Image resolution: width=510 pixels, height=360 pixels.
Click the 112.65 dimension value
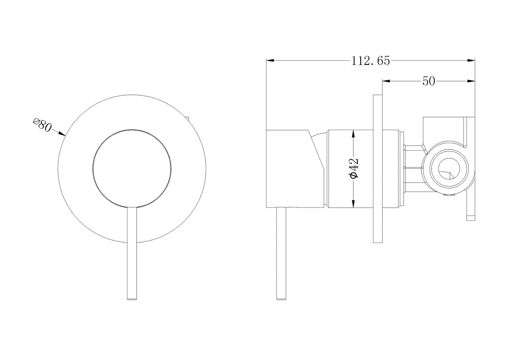(x=370, y=61)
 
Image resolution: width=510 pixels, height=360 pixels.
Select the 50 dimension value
(x=428, y=82)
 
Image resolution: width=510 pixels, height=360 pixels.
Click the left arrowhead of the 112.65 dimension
(x=270, y=61)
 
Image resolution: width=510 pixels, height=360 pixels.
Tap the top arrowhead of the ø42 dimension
(x=353, y=133)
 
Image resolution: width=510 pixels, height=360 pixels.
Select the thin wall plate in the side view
(x=377, y=169)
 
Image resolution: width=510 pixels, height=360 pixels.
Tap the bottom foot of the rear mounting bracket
(x=471, y=218)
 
